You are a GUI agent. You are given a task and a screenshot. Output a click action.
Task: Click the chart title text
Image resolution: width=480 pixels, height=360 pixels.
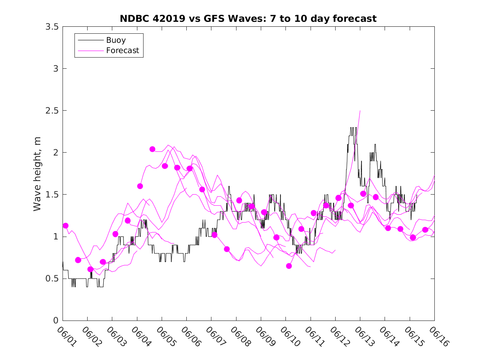[x=248, y=19]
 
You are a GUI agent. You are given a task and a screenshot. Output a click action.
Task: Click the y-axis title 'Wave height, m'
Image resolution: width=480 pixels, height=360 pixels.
[x=37, y=174]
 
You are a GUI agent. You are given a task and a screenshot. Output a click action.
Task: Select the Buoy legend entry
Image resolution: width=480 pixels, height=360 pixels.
[x=116, y=40]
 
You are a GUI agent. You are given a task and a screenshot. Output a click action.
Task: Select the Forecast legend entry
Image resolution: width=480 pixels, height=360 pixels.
[x=122, y=51]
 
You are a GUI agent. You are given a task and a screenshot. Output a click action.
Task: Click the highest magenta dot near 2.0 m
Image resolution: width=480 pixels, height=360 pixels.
[x=152, y=149]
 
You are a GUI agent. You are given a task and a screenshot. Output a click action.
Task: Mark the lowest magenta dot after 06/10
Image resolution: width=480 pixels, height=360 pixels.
[x=289, y=266]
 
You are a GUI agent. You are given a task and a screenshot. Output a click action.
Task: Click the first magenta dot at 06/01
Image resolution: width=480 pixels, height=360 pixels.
[x=65, y=225]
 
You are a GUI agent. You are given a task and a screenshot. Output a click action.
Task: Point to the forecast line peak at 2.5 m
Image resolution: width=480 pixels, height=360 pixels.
[x=360, y=111]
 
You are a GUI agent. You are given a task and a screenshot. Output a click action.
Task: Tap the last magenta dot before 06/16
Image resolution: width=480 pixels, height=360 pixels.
[x=425, y=230]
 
